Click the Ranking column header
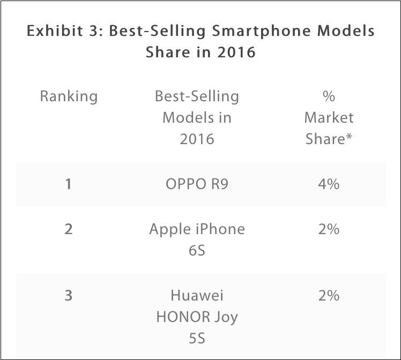[69, 96]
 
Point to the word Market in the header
[329, 117]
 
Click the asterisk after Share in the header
[349, 137]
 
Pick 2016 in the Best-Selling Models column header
[197, 139]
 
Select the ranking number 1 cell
[69, 184]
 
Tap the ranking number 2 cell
[69, 229]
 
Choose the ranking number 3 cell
[69, 296]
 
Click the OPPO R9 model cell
[197, 184]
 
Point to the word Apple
[170, 230]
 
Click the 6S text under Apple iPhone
[197, 250]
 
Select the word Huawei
[197, 296]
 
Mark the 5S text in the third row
[197, 339]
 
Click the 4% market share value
[329, 184]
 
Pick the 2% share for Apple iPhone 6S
[329, 229]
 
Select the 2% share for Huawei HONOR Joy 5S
[329, 296]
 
